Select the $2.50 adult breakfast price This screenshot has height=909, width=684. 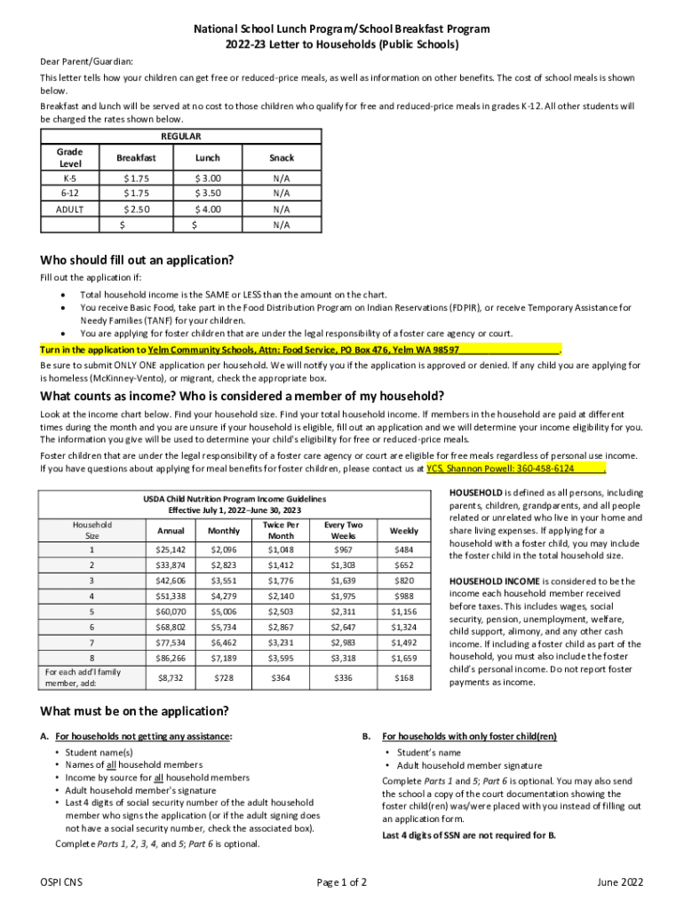[136, 209]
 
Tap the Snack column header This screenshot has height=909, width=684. [282, 158]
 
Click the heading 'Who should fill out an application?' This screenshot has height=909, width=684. [137, 260]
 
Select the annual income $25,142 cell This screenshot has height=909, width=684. [171, 549]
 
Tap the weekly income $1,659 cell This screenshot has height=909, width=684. [404, 659]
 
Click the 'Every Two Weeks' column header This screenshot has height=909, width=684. [343, 531]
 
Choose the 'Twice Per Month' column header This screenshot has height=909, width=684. [281, 531]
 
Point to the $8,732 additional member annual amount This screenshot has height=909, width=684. [171, 678]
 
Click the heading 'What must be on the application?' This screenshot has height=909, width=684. [134, 711]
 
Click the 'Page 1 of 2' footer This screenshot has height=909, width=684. [342, 882]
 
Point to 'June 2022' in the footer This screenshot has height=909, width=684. [621, 882]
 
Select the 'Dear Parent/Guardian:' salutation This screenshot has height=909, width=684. [86, 61]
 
